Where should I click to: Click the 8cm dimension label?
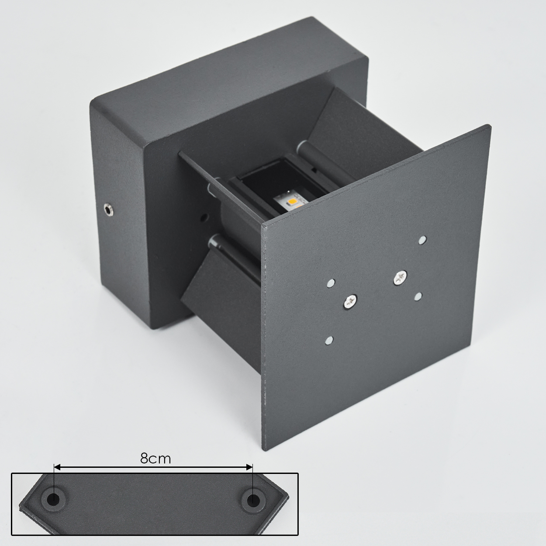coord(156,458)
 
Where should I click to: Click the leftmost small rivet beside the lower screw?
coord(331,283)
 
